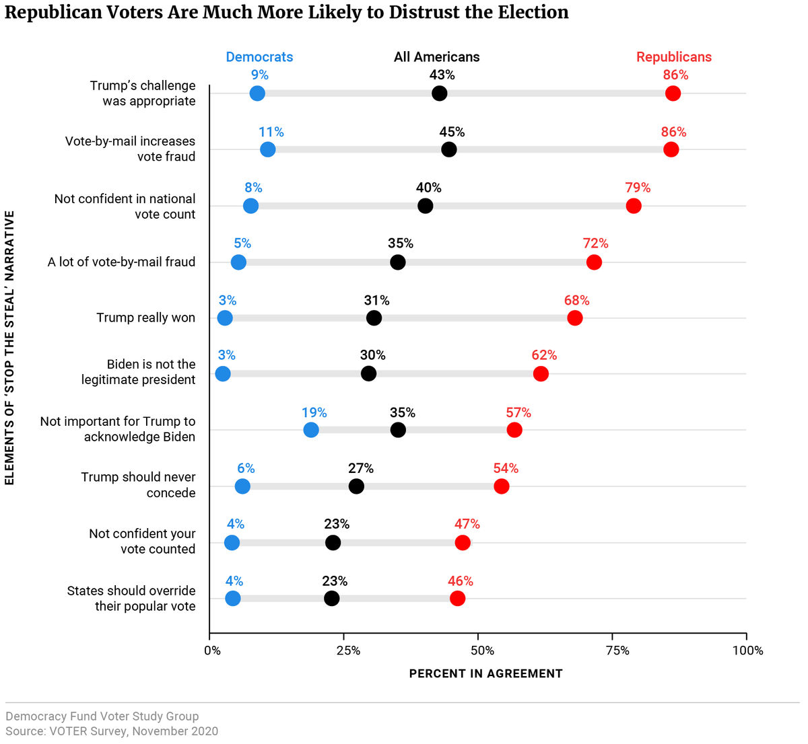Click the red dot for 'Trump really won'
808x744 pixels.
coord(574,318)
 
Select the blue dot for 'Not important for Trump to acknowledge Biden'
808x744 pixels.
coord(311,430)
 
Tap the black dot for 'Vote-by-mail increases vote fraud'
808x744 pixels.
coord(449,149)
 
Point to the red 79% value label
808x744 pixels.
coord(638,188)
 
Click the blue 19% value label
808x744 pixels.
coord(314,412)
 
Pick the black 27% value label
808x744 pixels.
coord(361,468)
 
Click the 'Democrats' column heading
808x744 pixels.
coord(259,57)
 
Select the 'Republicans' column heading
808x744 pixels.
coord(674,57)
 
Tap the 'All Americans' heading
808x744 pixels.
coord(437,57)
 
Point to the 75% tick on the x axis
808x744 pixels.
coord(617,650)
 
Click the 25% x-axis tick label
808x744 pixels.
coord(348,650)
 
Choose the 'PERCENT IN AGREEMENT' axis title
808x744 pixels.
coord(485,673)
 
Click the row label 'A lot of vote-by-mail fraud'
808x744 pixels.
coord(122,262)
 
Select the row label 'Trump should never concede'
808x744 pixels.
coord(139,484)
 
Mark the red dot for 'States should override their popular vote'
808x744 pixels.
coord(457,598)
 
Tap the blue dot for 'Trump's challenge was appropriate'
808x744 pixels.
coord(257,94)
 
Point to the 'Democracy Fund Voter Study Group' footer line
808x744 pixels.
coord(102,716)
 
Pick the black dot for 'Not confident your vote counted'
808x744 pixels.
coord(333,542)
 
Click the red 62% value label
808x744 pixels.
coord(544,355)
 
